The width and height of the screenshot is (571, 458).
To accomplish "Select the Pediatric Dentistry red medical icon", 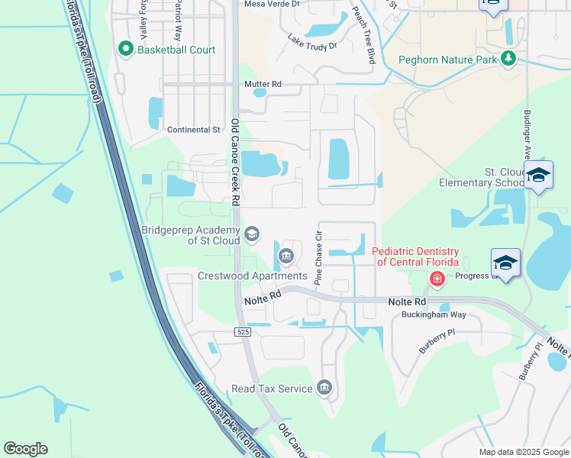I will coord(437,280).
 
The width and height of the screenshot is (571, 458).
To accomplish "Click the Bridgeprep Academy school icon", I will coord(252,234).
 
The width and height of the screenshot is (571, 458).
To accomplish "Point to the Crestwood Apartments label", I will coord(252,276).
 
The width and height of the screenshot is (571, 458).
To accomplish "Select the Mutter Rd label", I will coord(263,84).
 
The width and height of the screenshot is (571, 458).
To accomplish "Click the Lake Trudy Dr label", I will coord(312,41).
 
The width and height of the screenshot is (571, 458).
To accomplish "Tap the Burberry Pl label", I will coord(437,341).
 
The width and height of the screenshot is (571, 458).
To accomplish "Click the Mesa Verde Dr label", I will coord(273,4).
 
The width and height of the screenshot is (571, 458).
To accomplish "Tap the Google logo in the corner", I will coord(25,449).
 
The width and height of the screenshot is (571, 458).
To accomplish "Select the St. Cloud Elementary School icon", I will coord(539,176).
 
